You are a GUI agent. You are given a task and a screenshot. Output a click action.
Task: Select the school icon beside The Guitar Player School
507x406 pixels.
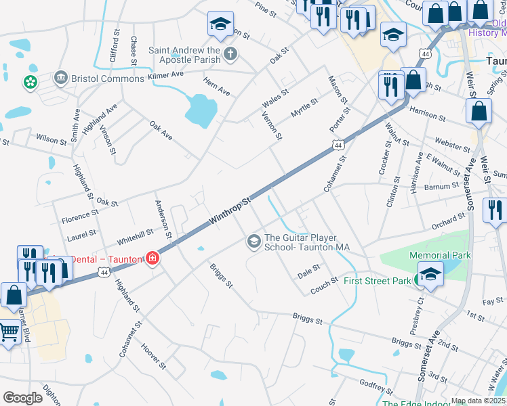click(x=254, y=242)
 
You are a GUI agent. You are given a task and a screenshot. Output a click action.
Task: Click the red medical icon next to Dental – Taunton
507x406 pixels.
click(x=153, y=259)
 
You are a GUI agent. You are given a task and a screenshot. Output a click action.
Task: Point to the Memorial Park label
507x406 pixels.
click(x=440, y=255)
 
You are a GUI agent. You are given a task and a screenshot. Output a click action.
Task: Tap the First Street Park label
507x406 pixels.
click(x=378, y=280)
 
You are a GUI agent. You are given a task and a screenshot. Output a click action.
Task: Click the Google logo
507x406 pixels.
click(x=22, y=398)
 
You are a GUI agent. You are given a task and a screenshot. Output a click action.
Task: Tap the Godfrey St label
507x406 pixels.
click(x=377, y=386)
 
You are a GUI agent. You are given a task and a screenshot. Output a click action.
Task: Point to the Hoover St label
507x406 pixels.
click(x=153, y=357)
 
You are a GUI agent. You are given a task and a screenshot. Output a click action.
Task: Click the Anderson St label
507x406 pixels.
click(x=163, y=219)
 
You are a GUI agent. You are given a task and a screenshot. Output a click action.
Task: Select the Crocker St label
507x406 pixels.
click(x=384, y=158)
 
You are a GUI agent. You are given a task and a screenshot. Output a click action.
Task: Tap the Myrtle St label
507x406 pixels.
click(x=304, y=108)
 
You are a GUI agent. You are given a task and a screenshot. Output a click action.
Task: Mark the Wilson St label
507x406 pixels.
click(x=52, y=140)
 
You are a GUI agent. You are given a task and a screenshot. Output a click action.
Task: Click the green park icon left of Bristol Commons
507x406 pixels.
click(x=31, y=83)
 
